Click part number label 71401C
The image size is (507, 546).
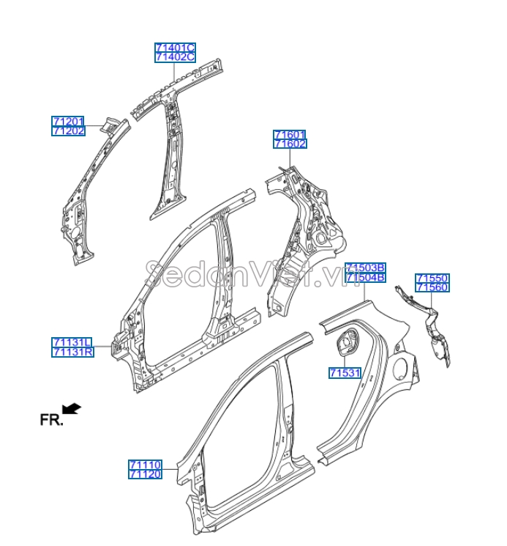tap(175, 48)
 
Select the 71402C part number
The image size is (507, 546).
tap(175, 56)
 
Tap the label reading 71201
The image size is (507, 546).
tap(68, 121)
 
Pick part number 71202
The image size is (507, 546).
tap(68, 130)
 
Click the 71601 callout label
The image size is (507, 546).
tap(290, 135)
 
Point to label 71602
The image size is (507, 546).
tap(290, 144)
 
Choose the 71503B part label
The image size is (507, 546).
tap(365, 268)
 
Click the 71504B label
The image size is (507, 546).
tap(365, 278)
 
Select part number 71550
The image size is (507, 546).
tap(432, 278)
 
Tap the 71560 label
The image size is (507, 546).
tap(432, 287)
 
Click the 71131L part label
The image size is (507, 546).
tap(72, 342)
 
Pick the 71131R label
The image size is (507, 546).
tap(72, 352)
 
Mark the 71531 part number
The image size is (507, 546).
tap(345, 373)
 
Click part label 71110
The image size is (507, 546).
tap(145, 465)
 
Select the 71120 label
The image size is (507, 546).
tap(145, 473)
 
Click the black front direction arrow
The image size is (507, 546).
tap(72, 408)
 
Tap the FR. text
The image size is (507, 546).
tap(51, 420)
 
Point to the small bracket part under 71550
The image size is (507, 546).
tap(432, 330)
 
